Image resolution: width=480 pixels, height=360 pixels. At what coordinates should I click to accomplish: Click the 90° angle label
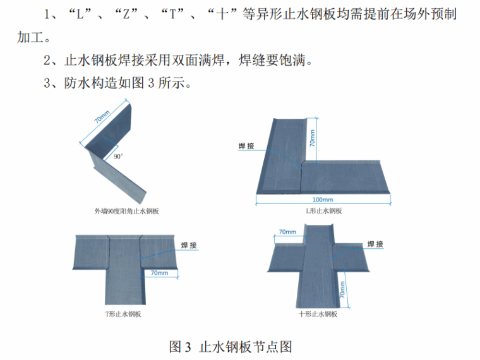pyautogui.click(x=118, y=155)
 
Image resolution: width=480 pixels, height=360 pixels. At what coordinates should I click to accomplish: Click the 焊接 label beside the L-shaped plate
pyautogui.click(x=246, y=146)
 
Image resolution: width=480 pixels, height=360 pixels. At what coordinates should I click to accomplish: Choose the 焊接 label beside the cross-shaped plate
pyautogui.click(x=375, y=244)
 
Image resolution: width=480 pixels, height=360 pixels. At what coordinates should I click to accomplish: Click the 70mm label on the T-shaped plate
pyautogui.click(x=159, y=273)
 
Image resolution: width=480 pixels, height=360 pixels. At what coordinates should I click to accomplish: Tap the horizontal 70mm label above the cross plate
pyautogui.click(x=287, y=232)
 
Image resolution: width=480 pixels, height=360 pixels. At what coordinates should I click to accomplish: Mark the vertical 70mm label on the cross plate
pyautogui.click(x=342, y=289)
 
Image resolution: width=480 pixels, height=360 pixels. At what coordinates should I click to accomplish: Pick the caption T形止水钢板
pyautogui.click(x=123, y=314)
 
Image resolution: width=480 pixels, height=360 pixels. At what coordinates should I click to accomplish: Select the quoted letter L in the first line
pyautogui.click(x=80, y=14)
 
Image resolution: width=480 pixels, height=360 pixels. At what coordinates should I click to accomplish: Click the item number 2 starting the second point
pyautogui.click(x=47, y=61)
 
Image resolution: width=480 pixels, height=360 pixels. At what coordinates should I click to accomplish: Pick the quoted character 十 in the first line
pyautogui.click(x=220, y=14)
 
